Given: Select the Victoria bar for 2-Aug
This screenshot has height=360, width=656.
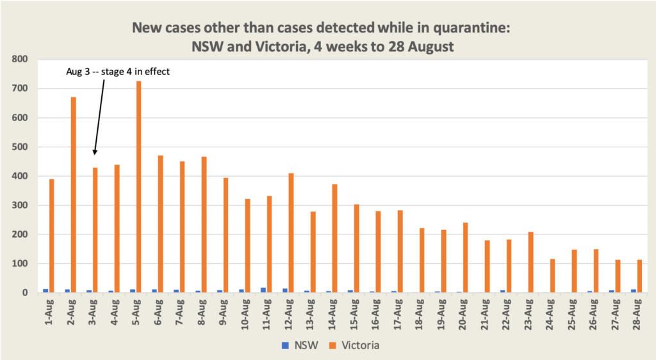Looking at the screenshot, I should tap(74, 195).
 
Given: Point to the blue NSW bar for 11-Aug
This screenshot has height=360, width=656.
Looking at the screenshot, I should tap(263, 290).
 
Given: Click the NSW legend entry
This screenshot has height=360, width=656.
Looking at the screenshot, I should tap(297, 345).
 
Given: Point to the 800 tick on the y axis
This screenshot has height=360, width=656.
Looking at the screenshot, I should tap(21, 60).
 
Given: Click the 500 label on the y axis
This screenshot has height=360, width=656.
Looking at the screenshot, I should tap(21, 147).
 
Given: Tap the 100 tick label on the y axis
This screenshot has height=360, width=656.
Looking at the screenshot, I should tap(21, 264).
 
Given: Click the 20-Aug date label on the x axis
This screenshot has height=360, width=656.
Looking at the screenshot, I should tap(463, 315).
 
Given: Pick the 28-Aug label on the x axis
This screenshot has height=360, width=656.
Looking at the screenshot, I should tap(636, 315).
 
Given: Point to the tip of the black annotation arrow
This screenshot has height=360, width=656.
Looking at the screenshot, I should tap(94, 154).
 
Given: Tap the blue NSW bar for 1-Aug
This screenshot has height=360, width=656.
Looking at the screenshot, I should tap(45, 291).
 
